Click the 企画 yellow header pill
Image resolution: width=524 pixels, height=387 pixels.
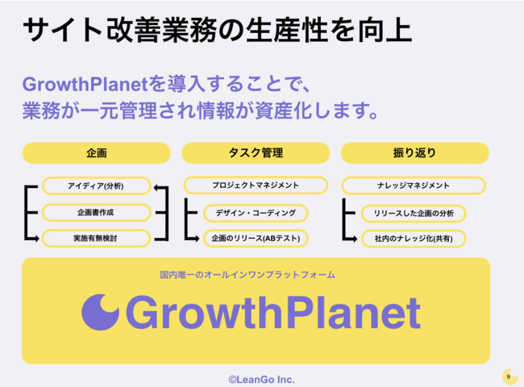pos(97,153)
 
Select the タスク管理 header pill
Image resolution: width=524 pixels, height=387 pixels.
pos(256,153)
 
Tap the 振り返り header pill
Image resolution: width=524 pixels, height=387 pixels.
pos(414,153)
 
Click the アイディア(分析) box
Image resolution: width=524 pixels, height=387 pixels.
pos(96,185)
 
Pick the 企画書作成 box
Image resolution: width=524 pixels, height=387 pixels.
pos(96,213)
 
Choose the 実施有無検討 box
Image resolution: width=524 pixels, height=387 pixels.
pos(96,239)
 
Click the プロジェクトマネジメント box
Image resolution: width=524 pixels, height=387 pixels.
pos(256,185)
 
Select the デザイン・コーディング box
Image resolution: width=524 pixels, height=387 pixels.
pos(256,213)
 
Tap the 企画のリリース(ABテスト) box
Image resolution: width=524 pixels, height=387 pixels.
pos(256,239)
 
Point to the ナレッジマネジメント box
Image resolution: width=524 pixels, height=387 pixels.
pos(414,185)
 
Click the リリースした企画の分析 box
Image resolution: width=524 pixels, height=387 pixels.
pos(414,214)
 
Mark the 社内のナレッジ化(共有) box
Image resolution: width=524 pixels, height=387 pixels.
pos(414,239)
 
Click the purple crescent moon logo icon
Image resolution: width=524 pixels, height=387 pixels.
pos(100,312)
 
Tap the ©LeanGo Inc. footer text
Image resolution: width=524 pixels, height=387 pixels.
pos(262,380)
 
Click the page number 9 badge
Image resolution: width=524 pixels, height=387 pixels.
pos(509,377)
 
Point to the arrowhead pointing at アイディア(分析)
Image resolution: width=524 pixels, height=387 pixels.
pos(156,188)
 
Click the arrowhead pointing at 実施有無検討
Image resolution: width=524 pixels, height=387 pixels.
pos(36,239)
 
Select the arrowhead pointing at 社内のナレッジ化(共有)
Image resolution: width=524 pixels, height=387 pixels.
pos(354,239)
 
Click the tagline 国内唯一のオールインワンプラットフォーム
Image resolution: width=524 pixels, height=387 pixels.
pos(247,275)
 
